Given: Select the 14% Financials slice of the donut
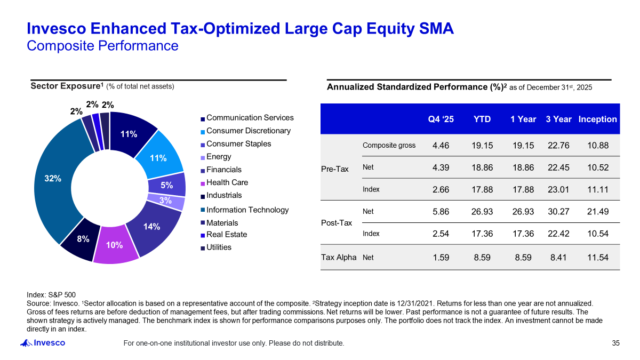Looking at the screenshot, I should (x=151, y=226).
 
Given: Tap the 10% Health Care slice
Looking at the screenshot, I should (x=115, y=245).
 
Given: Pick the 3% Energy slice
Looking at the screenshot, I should (x=165, y=201).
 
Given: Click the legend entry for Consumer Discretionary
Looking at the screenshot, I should (x=248, y=131).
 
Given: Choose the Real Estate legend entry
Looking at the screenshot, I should (x=227, y=234).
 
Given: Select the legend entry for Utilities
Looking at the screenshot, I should (x=219, y=247).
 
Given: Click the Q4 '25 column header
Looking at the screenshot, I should (x=441, y=119).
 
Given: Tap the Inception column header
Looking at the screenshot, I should (x=597, y=119).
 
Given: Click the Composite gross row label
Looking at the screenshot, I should (x=389, y=145).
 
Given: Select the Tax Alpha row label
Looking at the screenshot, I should (x=338, y=258).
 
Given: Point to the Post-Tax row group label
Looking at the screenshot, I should (x=336, y=222).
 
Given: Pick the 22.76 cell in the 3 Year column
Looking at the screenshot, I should (x=558, y=145).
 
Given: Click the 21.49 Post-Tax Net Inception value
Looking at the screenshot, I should (x=597, y=212).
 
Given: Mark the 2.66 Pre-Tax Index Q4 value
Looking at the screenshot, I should (x=441, y=189).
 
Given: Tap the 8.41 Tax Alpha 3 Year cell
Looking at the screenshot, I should (x=558, y=258).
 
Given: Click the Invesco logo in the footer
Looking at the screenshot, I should (x=43, y=343).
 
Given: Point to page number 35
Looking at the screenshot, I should (x=616, y=343).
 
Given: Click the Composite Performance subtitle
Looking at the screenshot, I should (x=102, y=46).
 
